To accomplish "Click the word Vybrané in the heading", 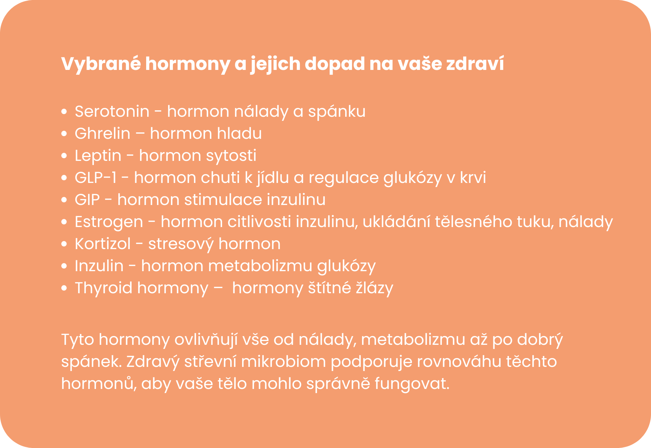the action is (101, 64).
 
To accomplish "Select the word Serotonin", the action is (112, 111).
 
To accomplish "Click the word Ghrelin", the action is (102, 133).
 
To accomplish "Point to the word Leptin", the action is (98, 156).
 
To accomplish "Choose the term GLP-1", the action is (96, 178).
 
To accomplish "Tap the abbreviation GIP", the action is (87, 200).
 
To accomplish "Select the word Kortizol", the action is (103, 244).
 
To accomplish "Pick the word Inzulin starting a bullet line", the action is (99, 266).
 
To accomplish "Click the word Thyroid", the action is (103, 288).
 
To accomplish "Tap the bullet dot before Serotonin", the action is (64, 111).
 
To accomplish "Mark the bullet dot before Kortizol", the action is (64, 244).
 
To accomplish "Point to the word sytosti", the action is (231, 156).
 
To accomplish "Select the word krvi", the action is (473, 178).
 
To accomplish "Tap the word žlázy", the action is (374, 288).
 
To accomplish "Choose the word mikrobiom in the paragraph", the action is (283, 361).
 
